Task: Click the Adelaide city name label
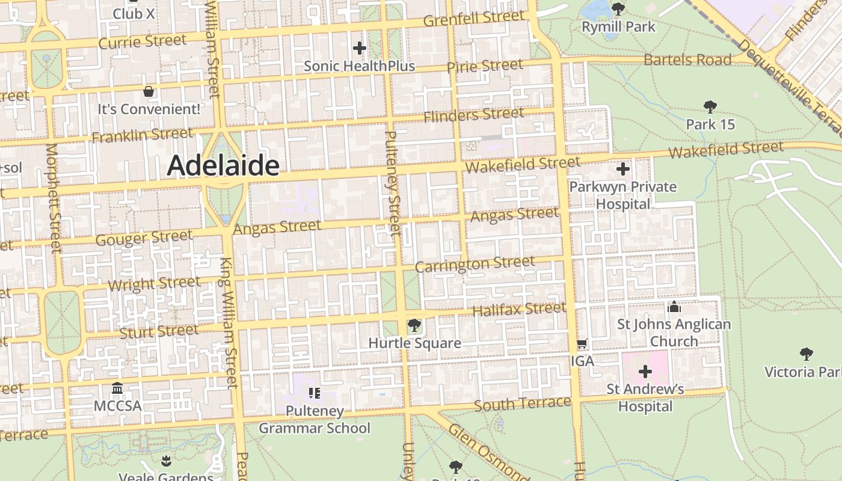click(223, 165)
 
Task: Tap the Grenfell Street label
click(474, 19)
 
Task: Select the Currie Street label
click(143, 41)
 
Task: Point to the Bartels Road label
click(687, 60)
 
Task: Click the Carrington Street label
click(475, 264)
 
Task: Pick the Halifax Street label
click(519, 310)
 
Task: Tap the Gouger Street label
click(144, 238)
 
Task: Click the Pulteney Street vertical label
click(391, 183)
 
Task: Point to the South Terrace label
click(522, 403)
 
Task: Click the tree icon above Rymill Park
click(618, 9)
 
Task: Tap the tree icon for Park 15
click(710, 107)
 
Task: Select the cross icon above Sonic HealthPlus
click(360, 48)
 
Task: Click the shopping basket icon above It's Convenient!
click(149, 91)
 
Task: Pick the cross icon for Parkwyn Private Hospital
click(622, 169)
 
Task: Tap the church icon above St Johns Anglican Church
click(674, 307)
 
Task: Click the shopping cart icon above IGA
click(582, 344)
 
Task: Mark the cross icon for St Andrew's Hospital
click(645, 372)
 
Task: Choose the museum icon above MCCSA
click(117, 388)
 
